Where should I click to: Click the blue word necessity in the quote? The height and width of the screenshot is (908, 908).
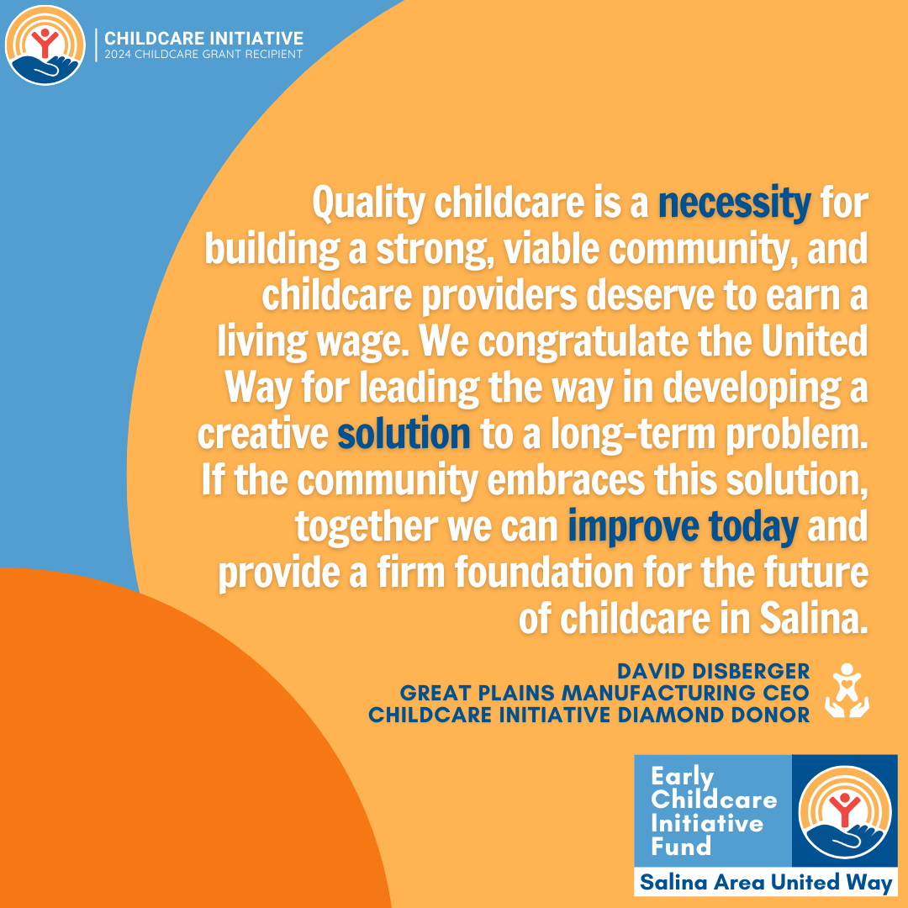(734, 203)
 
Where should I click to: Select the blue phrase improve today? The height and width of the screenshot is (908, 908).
(683, 527)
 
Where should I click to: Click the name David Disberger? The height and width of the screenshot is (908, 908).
(713, 671)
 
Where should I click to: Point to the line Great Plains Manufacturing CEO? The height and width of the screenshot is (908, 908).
(604, 693)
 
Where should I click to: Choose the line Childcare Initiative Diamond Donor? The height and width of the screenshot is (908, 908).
(589, 715)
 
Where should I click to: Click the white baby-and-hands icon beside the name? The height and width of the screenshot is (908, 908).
(847, 691)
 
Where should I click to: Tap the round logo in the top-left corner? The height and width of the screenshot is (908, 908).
(45, 45)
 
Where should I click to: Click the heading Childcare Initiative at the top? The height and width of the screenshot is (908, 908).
(203, 39)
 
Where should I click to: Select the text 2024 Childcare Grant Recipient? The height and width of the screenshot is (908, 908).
(203, 55)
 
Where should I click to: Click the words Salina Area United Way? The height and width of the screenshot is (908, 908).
(766, 883)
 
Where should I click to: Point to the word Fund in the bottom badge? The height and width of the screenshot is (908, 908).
(681, 847)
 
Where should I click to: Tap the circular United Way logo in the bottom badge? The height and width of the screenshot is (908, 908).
(845, 812)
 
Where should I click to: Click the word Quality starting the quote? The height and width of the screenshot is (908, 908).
(369, 203)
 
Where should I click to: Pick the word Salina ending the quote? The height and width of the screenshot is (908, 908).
(814, 619)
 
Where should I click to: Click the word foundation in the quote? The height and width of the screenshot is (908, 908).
(544, 573)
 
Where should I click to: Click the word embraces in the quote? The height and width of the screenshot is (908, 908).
(566, 480)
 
